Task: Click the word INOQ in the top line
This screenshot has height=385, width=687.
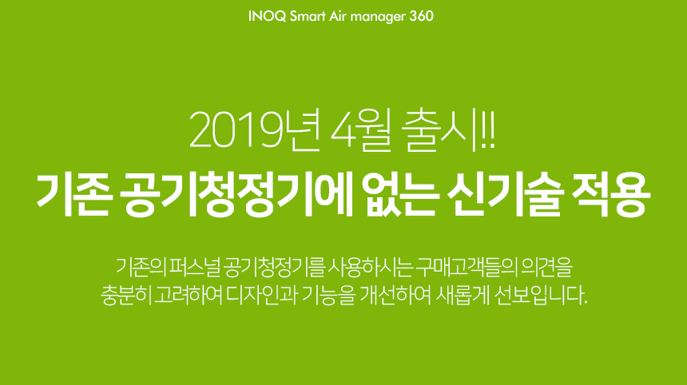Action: click(x=268, y=16)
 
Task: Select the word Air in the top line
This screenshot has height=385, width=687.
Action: click(x=338, y=16)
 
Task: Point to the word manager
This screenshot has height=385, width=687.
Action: click(x=378, y=17)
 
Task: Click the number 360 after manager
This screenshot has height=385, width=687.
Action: click(x=421, y=16)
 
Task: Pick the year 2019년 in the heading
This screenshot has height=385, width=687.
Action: click(x=254, y=130)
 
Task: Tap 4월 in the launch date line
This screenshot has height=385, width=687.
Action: click(x=360, y=130)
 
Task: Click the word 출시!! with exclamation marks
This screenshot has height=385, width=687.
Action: click(x=448, y=130)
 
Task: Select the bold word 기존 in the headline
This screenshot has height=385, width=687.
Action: click(x=72, y=194)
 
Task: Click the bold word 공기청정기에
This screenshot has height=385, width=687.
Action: click(x=237, y=194)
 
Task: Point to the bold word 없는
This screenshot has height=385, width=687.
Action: click(x=402, y=194)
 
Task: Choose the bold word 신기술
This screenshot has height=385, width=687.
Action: click(x=505, y=194)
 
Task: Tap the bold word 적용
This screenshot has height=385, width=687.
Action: click(x=610, y=194)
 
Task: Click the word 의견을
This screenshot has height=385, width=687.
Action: click(x=546, y=268)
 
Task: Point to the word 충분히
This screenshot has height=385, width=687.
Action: click(x=125, y=296)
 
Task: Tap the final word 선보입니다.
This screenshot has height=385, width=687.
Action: click(x=540, y=296)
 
